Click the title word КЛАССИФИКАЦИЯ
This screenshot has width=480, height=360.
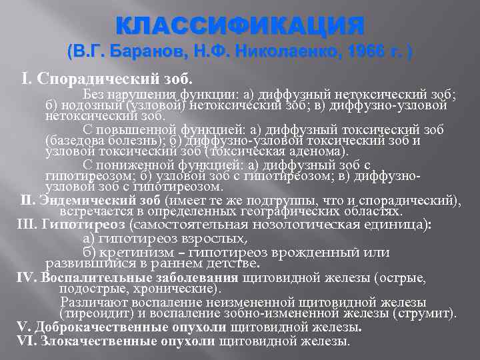240,27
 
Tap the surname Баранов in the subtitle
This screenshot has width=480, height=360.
140,52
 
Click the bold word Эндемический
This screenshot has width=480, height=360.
83,199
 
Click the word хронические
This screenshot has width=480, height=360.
179,288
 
